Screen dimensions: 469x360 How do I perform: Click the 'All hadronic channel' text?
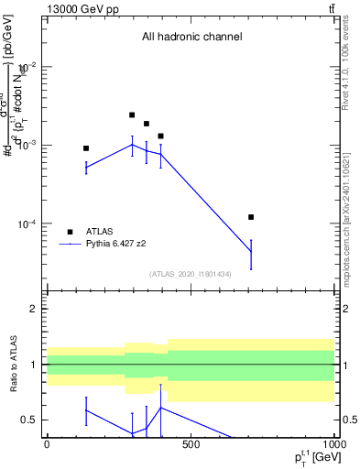click(191, 38)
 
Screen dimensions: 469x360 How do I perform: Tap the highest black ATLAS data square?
click(132, 115)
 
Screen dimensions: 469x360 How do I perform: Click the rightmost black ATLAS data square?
click(251, 217)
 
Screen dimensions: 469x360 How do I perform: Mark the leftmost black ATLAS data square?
click(86, 148)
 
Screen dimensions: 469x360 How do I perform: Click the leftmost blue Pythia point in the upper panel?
click(86, 168)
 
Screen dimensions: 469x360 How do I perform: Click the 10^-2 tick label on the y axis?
click(27, 67)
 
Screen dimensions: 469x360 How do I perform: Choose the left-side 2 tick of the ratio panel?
click(35, 309)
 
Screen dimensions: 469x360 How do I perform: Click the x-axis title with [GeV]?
click(304, 458)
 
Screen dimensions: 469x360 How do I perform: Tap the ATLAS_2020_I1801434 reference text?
click(191, 274)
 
